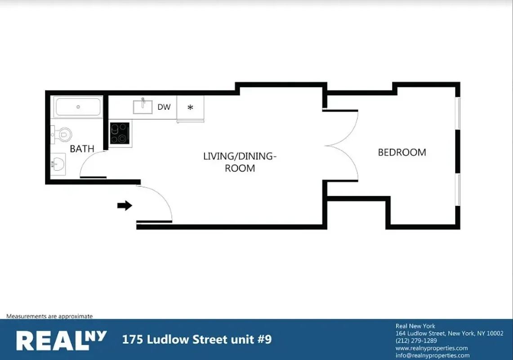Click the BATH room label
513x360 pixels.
(82, 149)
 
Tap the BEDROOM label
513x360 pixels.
(401, 153)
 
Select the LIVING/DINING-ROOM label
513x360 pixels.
(239, 162)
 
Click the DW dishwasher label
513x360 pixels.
(164, 108)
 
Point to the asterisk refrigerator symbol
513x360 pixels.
(190, 108)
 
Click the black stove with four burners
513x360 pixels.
(120, 134)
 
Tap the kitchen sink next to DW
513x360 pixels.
(143, 107)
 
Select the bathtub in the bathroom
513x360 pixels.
(78, 107)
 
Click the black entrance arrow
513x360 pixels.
(125, 206)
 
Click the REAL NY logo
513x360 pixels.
(61, 340)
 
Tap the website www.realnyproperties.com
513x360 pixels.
(432, 348)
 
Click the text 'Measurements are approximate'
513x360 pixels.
(49, 316)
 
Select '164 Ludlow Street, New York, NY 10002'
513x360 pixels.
(449, 333)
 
